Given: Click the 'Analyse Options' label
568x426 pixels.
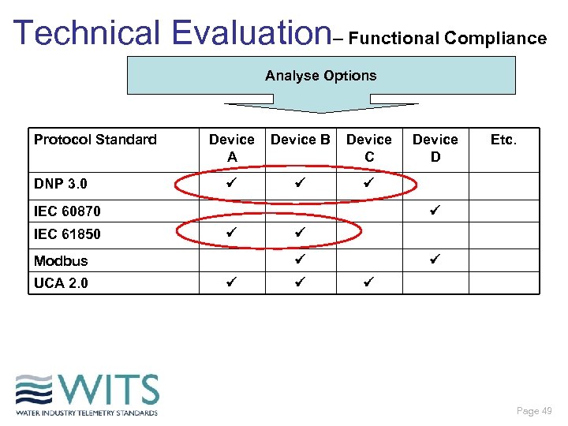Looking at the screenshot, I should [x=320, y=76].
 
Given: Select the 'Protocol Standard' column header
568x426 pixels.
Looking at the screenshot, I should [x=95, y=140].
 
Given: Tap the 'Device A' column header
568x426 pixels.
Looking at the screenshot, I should [x=231, y=148].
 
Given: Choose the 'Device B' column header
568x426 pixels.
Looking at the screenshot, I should [x=300, y=140].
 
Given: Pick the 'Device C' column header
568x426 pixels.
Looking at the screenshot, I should [x=369, y=148].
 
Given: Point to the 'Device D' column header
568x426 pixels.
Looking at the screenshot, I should [x=435, y=148].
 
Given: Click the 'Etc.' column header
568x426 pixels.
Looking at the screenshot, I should [x=503, y=140].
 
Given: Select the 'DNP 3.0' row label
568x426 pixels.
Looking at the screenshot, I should [x=60, y=184].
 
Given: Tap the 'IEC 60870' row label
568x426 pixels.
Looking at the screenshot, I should [x=67, y=211].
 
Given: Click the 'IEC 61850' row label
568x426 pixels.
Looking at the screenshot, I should [x=67, y=234].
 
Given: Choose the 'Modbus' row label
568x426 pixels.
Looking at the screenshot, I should [x=61, y=260].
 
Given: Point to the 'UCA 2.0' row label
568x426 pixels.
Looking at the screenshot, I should [x=61, y=282].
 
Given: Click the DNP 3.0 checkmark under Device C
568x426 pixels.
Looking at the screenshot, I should [x=367, y=183].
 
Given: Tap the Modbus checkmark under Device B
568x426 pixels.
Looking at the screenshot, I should [x=299, y=259].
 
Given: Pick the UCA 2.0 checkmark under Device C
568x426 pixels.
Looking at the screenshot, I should [x=367, y=282].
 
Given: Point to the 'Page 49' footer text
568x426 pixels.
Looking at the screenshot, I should [x=534, y=411].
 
